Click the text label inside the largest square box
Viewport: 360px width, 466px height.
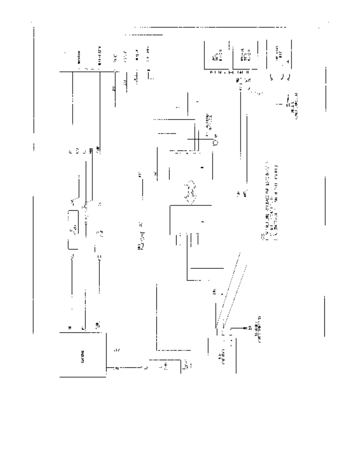[83, 355]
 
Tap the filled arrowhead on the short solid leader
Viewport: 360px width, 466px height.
[245, 327]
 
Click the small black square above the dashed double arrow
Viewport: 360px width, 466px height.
[202, 168]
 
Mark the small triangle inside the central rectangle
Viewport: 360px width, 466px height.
[203, 222]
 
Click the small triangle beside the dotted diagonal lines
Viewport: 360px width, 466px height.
[222, 294]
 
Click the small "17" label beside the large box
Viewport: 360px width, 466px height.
[117, 350]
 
